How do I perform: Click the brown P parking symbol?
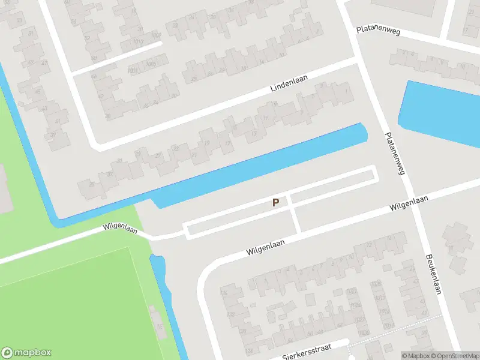pos(275,203)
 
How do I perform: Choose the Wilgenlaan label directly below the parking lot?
pos(265,246)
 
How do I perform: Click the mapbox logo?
pos(26,353)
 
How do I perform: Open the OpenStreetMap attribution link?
pos(455,356)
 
